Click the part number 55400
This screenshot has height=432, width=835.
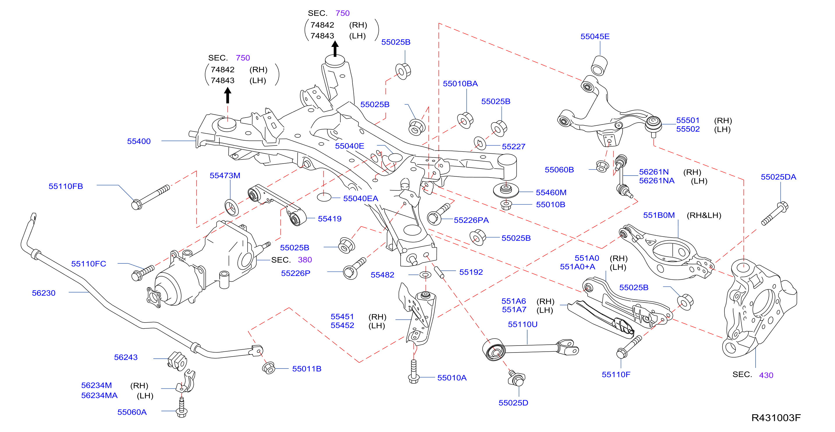coord(139,141)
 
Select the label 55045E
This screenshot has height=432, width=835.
coord(595,36)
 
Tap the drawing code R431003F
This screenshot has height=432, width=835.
coord(776,418)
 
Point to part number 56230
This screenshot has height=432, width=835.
coord(43,293)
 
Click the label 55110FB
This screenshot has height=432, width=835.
coord(66,186)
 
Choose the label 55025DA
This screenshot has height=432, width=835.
coord(778,177)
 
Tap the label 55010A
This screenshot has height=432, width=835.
coord(452,378)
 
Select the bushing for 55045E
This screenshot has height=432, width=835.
coord(599,65)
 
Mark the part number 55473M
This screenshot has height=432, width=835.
coord(225,176)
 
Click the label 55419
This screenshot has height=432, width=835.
coord(330,219)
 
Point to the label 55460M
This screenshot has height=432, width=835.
coord(551,192)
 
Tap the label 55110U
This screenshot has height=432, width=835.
coord(523,324)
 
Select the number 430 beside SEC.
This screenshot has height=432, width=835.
coord(766,375)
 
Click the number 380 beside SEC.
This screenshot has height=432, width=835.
coord(305,260)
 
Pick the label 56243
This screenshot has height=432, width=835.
coord(126,357)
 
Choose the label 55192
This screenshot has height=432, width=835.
coord(471,272)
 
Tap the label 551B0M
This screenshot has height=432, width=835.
coord(659,215)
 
